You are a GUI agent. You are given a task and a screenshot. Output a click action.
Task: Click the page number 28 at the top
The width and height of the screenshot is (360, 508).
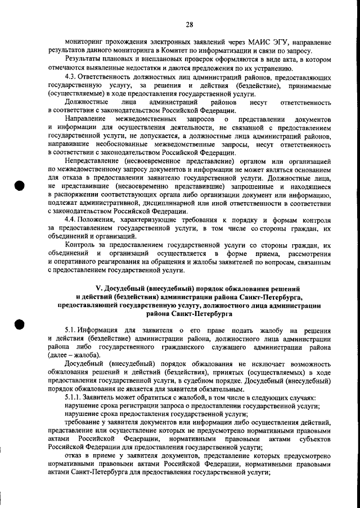pyautogui.click(x=189, y=24)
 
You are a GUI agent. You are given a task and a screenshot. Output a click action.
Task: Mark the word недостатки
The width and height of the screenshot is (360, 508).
pyautogui.click(x=140, y=67)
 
